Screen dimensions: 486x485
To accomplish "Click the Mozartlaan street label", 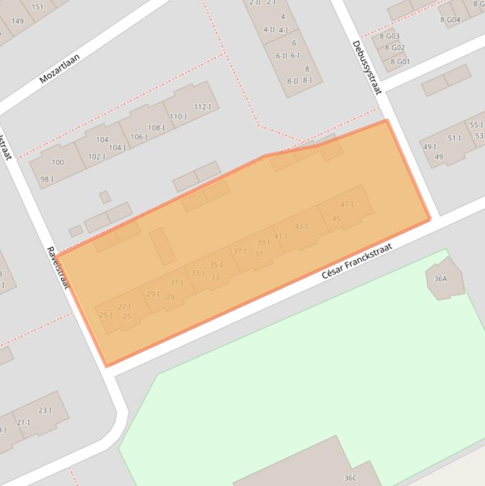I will click(59, 68).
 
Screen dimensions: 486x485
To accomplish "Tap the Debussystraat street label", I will click(366, 67).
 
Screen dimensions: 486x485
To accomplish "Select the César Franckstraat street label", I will click(356, 261).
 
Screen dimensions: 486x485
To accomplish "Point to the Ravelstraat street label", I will click(57, 267).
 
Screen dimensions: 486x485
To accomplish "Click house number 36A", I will click(440, 278).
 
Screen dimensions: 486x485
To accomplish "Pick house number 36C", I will click(350, 478).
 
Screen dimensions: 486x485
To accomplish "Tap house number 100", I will click(57, 162).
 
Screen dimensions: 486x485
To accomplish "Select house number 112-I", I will click(202, 107).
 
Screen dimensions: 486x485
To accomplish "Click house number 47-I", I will click(347, 204).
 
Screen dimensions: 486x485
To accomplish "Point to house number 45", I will click(336, 219).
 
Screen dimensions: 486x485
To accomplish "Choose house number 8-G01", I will click(399, 61).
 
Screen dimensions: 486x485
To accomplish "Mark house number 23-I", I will click(45, 410).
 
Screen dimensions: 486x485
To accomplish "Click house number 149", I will click(18, 21).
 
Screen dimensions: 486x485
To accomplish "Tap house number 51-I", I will click(454, 138).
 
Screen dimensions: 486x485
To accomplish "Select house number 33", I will click(215, 277).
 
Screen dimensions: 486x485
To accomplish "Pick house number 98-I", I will click(47, 179).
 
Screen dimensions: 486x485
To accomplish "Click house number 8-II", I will click(293, 81).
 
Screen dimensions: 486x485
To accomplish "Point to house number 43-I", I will click(301, 226).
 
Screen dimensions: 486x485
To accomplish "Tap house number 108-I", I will click(156, 128).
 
